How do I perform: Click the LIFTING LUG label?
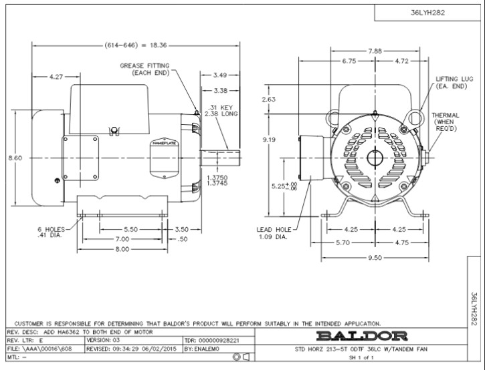point(451,82)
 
